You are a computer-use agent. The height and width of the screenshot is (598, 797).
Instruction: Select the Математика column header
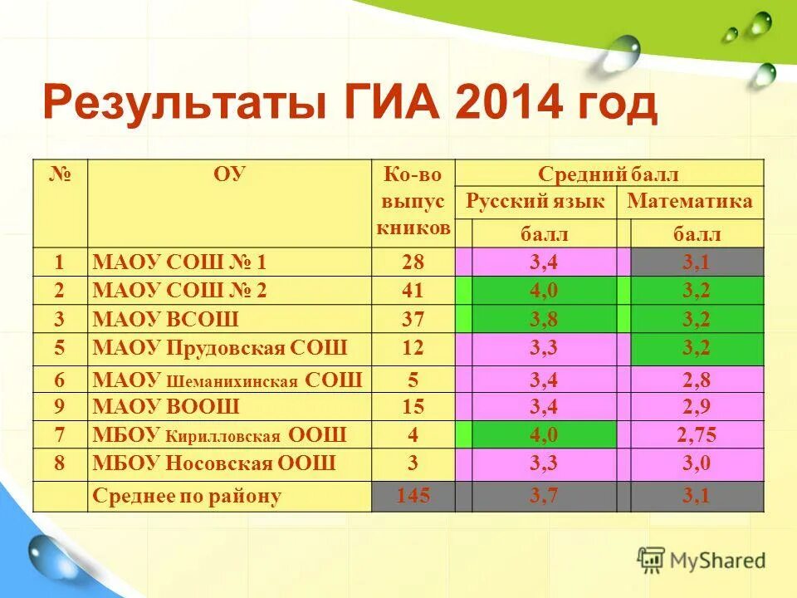690,201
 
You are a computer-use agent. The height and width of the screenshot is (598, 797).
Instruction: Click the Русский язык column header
535,201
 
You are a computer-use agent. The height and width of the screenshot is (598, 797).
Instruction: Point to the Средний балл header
609,174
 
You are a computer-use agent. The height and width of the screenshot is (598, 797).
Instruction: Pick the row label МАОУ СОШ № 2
180,291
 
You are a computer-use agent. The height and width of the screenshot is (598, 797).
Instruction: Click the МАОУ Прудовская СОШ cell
220,347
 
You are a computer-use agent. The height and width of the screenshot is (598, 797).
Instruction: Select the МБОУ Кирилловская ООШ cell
219,434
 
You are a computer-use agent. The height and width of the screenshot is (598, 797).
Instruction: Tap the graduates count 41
413,291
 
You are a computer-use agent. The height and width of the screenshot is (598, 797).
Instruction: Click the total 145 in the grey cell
413,497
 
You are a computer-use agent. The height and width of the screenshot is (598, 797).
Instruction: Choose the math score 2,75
696,434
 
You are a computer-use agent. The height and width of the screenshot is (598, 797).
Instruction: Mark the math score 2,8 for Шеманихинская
696,381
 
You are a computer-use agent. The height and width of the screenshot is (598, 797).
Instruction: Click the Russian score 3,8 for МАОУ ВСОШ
543,319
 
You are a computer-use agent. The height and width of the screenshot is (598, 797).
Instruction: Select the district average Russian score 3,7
543,497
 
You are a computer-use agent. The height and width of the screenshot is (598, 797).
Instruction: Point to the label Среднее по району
187,497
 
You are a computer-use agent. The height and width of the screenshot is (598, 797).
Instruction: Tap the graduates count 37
413,319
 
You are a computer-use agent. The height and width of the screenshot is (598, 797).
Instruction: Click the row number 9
60,407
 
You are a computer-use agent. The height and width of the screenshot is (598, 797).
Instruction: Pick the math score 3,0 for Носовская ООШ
696,463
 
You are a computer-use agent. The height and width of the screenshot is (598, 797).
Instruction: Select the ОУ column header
229,175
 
